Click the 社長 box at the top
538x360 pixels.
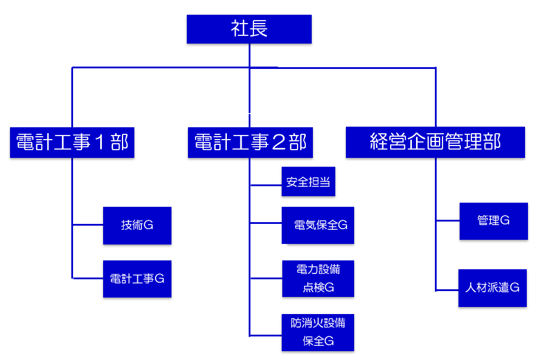[x=249, y=29]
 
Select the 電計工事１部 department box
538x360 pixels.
[x=72, y=142]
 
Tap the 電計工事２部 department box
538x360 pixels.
[x=250, y=142]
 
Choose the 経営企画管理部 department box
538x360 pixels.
[x=435, y=142]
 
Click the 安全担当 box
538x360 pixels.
[x=308, y=183]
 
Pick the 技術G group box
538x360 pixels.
[x=137, y=225]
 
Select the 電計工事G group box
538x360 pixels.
[x=137, y=279]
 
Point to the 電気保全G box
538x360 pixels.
[x=318, y=225]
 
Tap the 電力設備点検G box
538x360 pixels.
[x=318, y=279]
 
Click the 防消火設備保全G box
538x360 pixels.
[x=318, y=332]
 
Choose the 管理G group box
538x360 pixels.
[x=493, y=221]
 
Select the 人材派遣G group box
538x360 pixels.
[x=492, y=288]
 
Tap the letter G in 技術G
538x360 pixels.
[x=148, y=225]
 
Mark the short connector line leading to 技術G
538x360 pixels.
[x=88, y=224]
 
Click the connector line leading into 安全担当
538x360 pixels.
[x=266, y=185]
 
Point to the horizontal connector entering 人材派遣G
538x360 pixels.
[x=447, y=290]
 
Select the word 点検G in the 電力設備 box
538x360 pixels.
[x=318, y=287]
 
